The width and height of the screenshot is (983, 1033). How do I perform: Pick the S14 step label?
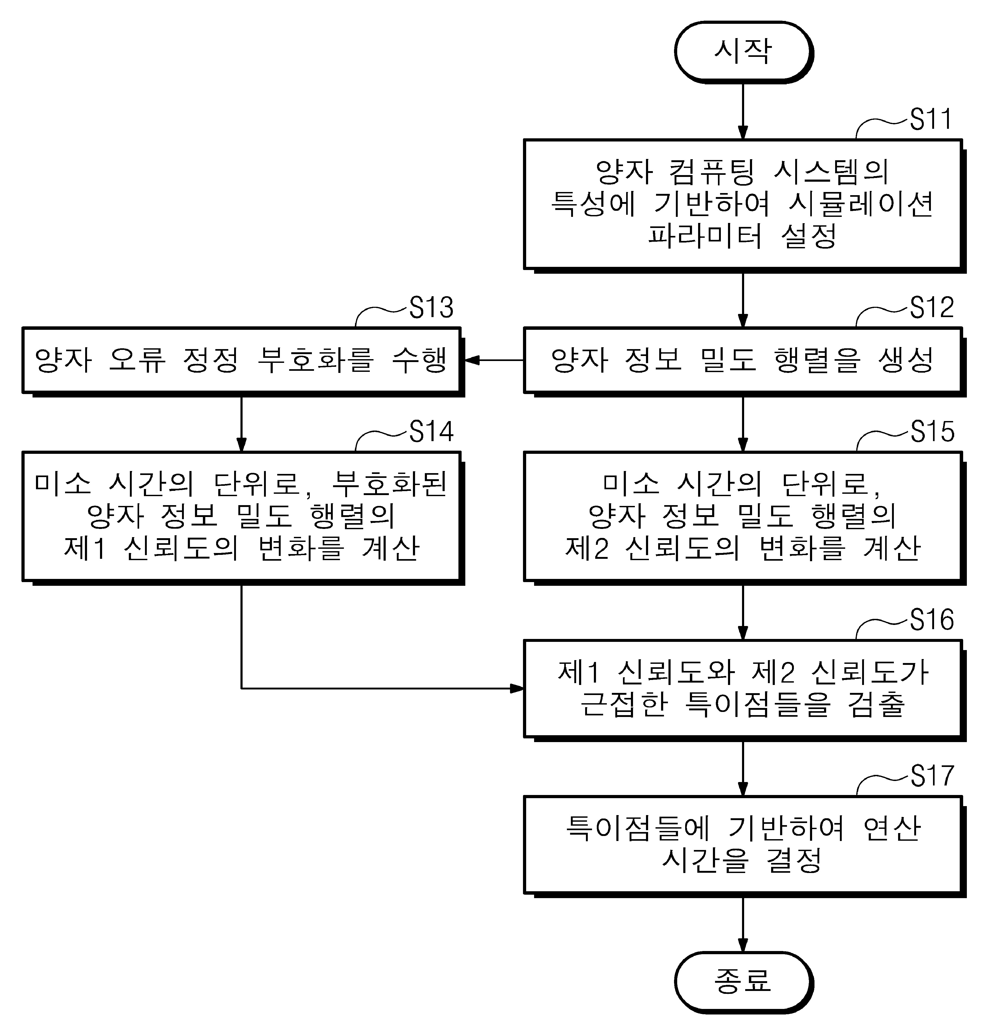coord(431,432)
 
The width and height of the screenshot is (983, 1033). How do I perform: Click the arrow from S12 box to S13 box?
coord(493,360)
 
